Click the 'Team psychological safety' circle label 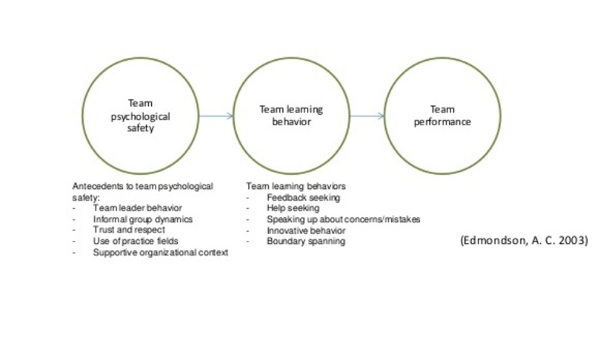point(140,116)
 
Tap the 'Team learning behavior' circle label point(291,116)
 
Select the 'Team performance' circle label point(442,116)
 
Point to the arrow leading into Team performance point(366,116)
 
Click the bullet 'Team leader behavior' point(137,208)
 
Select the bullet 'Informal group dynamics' point(143,219)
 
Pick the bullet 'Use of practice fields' point(135,241)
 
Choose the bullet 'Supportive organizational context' point(160,252)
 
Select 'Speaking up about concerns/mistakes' point(343,219)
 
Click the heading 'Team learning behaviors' point(296,186)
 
